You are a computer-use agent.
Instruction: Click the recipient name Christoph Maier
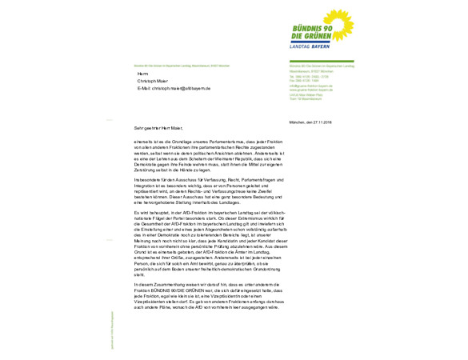click(154, 81)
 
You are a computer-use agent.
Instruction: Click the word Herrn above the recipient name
click(143, 74)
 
